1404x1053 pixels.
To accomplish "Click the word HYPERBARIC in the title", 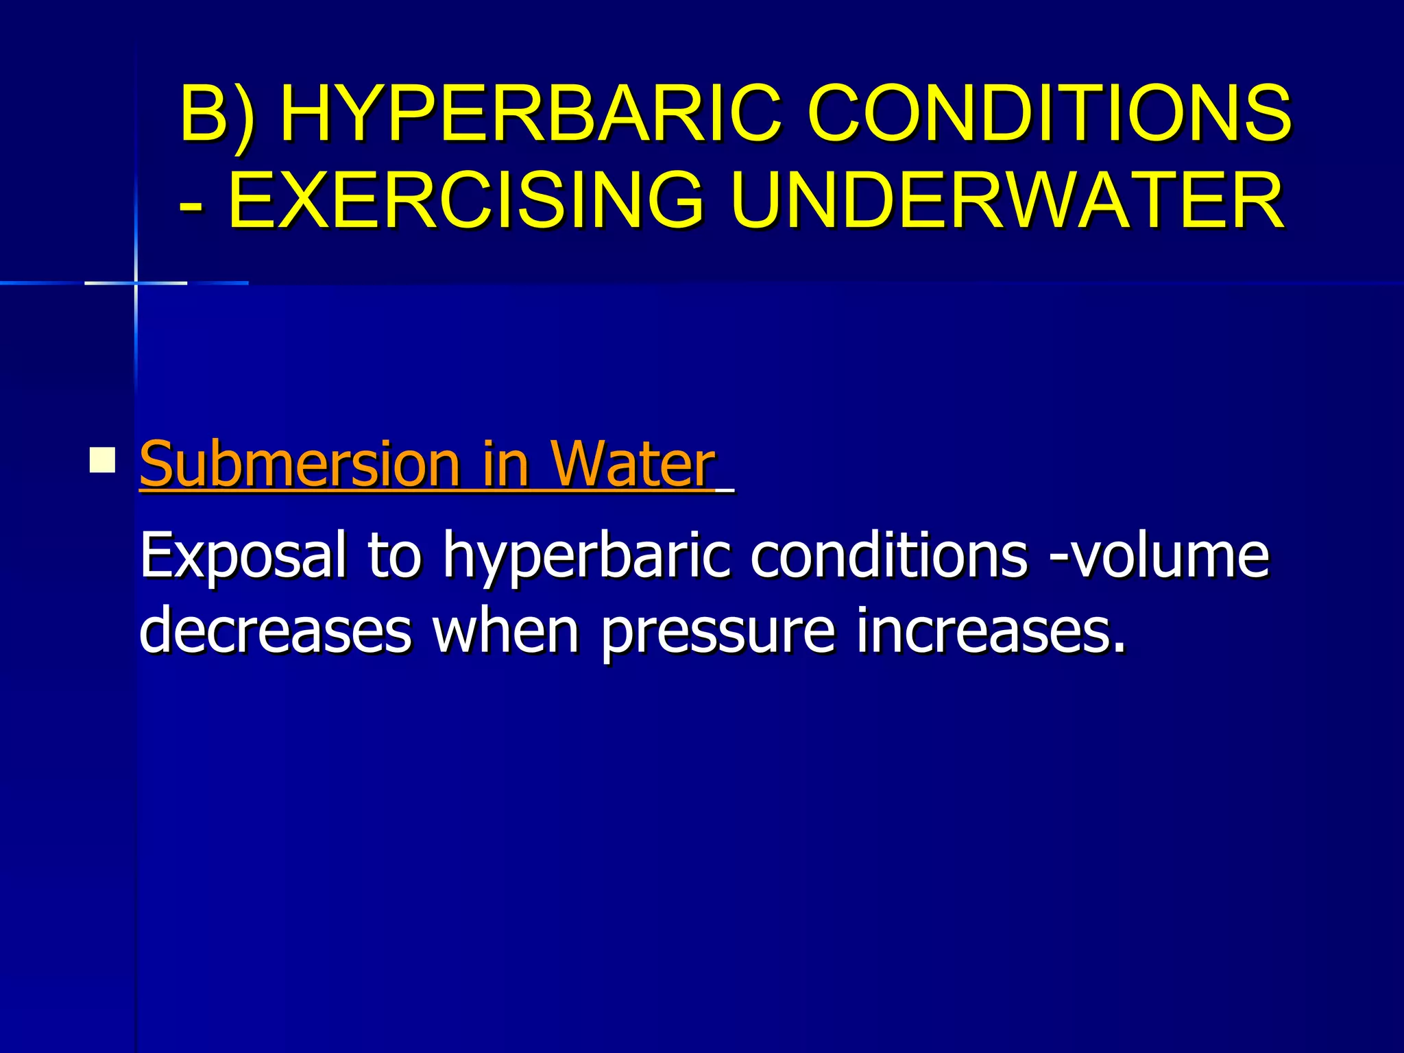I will pos(531,112).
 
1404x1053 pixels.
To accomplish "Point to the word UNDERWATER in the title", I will pos(1008,200).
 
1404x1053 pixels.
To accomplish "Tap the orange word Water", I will pos(633,464).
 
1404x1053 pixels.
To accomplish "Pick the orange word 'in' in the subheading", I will pos(506,464).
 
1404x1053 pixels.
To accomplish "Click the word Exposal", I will pos(243,556).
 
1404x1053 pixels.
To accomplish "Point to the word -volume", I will pos(1159,555).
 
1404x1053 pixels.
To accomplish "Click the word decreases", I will pos(276,631).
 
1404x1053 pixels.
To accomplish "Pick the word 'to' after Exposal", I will pos(394,556).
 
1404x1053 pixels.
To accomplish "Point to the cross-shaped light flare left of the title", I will pos(136,282).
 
